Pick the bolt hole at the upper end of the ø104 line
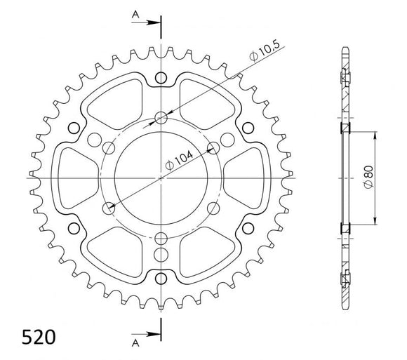213,148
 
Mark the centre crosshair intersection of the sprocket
161,178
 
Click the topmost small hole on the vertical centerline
161,77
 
